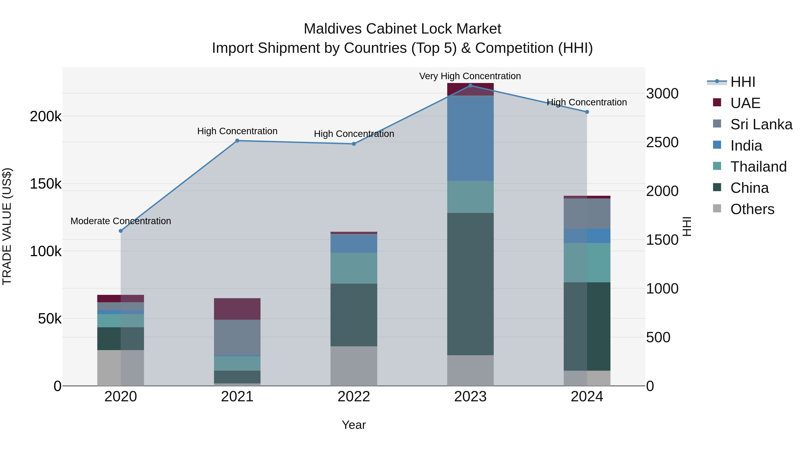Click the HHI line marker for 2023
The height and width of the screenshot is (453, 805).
(470, 85)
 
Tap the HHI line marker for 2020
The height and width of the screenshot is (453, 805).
(121, 231)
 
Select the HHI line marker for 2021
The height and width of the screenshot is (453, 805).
(237, 141)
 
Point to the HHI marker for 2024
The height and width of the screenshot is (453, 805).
(587, 112)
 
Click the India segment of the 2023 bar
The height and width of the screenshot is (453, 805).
(470, 138)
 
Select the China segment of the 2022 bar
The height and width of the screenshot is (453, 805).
(354, 315)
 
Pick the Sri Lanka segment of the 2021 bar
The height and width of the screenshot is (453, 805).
(237, 337)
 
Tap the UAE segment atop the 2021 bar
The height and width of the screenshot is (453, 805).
(237, 309)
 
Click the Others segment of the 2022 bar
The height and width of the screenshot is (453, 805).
(354, 366)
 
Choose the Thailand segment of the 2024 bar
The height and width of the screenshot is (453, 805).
(587, 263)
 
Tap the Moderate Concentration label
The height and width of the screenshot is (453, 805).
(121, 221)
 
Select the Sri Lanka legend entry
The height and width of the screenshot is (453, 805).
(761, 124)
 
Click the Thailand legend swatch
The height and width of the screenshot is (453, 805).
(717, 166)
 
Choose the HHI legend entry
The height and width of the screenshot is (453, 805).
(742, 82)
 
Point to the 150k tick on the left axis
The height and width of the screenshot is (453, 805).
(46, 184)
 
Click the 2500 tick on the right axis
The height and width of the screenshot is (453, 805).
(662, 142)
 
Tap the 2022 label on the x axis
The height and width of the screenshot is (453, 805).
(354, 397)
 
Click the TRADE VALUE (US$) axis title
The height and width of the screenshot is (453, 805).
(7, 226)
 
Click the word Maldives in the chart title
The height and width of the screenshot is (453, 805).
(333, 29)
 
